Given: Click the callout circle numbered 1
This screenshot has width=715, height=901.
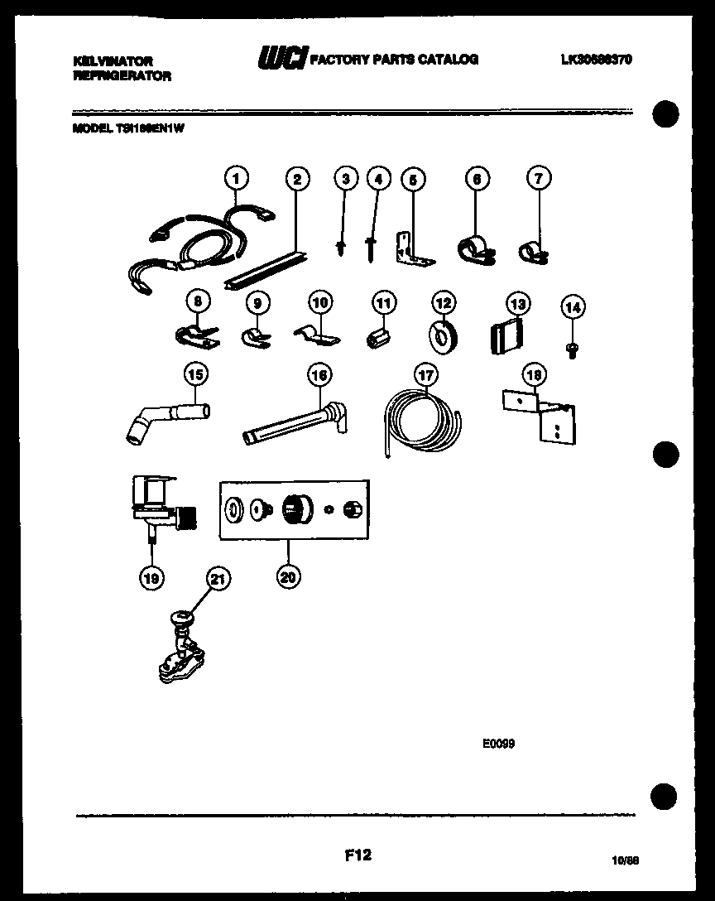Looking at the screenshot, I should tap(237, 177).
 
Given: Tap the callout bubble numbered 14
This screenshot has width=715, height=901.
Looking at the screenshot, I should tap(572, 307).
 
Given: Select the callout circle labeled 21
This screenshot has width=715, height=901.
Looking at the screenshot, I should tap(217, 581).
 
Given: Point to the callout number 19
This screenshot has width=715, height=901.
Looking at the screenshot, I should tap(151, 578).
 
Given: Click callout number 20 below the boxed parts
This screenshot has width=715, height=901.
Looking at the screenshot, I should tap(288, 578).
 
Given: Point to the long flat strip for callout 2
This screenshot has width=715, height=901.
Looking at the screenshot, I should tap(267, 267).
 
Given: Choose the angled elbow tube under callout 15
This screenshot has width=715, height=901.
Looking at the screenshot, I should tap(166, 419).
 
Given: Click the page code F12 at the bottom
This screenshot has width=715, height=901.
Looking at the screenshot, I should tap(357, 856).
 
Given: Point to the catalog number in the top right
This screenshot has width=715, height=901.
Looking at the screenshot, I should tap(596, 60).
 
